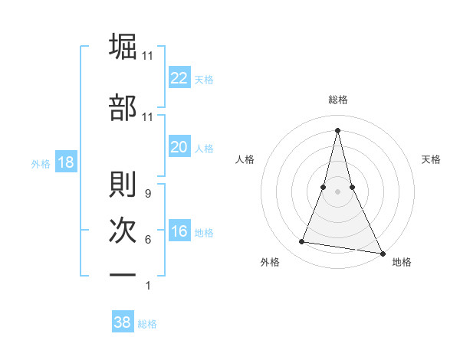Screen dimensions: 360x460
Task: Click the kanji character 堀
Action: (123, 46)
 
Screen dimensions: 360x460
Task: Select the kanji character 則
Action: (123, 184)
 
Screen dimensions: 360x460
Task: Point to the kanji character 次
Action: (123, 230)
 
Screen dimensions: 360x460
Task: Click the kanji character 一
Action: (123, 273)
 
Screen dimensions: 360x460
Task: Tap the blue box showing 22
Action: (179, 78)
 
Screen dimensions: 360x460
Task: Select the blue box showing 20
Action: (179, 147)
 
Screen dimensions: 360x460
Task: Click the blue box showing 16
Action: (179, 232)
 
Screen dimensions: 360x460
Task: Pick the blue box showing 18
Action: (65, 162)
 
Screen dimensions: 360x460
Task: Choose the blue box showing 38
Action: (123, 322)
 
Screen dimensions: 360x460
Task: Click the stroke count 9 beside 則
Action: (147, 194)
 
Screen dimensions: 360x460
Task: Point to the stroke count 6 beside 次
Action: (147, 240)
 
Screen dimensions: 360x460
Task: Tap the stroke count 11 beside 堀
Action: (148, 56)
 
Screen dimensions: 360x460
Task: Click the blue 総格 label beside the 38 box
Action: (147, 324)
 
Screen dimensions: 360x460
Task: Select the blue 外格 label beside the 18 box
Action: (41, 163)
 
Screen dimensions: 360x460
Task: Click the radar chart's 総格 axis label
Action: (338, 100)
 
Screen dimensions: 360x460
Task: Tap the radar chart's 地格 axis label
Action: (402, 262)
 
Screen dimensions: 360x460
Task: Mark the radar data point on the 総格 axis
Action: (338, 129)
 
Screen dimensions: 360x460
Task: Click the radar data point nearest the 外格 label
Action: (302, 242)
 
